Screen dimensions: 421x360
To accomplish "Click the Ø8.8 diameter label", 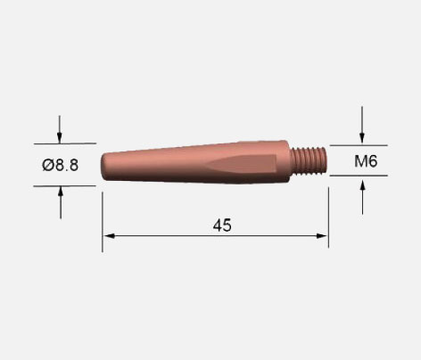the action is coord(61,165).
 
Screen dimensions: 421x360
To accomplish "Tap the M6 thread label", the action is coord(366,161).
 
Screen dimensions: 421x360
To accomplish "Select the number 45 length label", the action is coord(222,225).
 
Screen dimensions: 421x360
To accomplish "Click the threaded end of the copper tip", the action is coord(309,160).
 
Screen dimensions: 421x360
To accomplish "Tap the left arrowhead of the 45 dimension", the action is coord(109,236).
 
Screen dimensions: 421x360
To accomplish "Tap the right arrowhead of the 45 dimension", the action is coord(322,236).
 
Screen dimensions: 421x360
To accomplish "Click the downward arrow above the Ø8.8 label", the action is coord(60,129).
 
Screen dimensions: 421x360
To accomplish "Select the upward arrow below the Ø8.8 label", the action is coord(61,202).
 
